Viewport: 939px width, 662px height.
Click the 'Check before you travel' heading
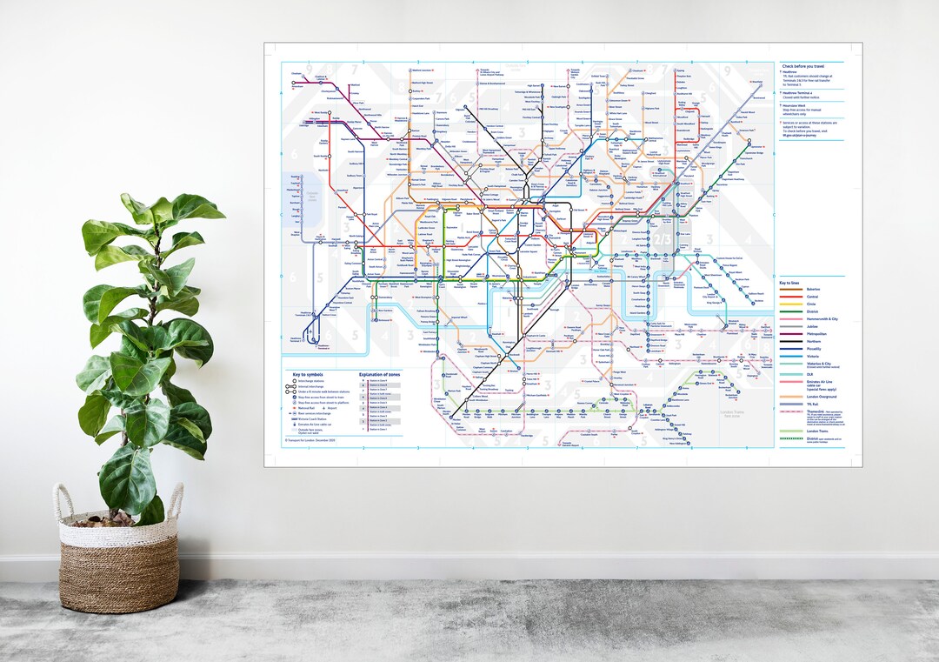pyautogui.click(x=802, y=66)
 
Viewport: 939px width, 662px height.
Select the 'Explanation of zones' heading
pyautogui.click(x=379, y=375)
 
